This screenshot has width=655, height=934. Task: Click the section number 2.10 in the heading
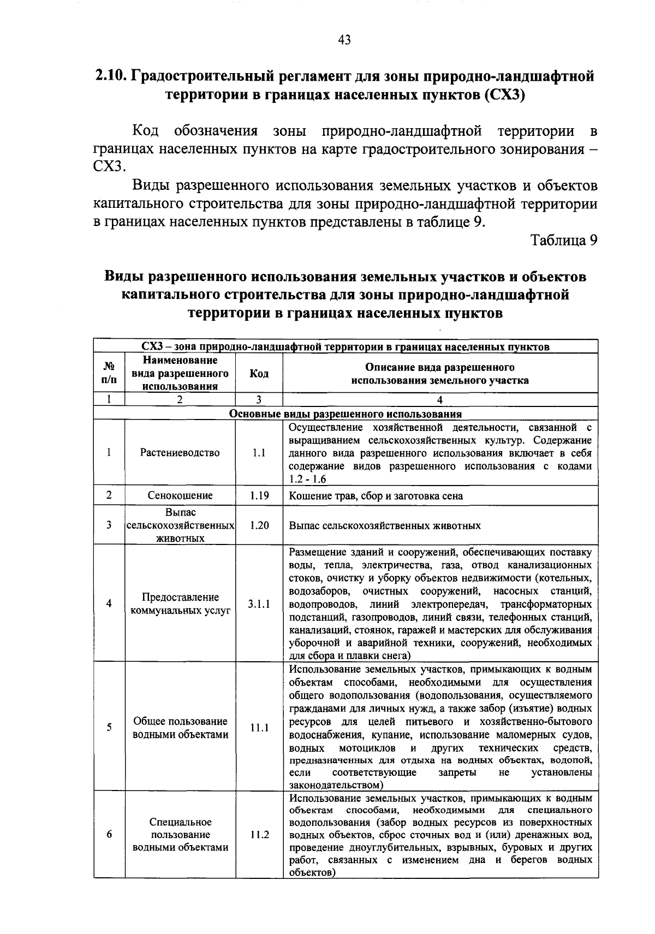111,76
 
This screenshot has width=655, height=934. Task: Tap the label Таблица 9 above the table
564,241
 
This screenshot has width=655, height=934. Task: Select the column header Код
259,374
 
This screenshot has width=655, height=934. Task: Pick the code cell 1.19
259,495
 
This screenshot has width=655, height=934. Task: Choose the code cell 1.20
259,525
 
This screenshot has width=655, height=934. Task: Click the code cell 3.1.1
259,604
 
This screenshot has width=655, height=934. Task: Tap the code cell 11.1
259,728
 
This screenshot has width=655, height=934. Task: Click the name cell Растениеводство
180,453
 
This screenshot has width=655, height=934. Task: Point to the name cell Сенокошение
180,495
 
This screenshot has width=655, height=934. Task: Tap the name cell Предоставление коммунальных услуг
180,604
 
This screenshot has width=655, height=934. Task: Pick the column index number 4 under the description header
440,399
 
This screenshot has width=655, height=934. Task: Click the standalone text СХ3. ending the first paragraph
110,165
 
